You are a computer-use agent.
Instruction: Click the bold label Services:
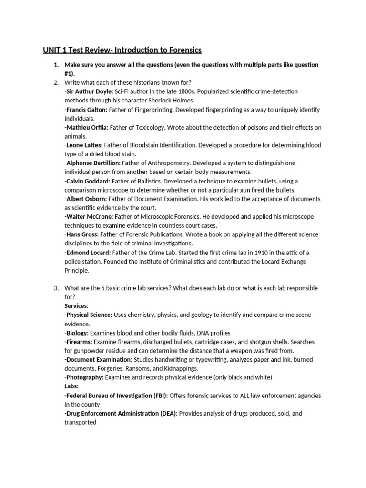[x=77, y=306]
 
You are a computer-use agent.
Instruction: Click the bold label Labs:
[x=72, y=386]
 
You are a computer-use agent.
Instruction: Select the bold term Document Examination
[x=100, y=360]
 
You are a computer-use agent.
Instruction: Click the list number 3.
[x=56, y=288]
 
